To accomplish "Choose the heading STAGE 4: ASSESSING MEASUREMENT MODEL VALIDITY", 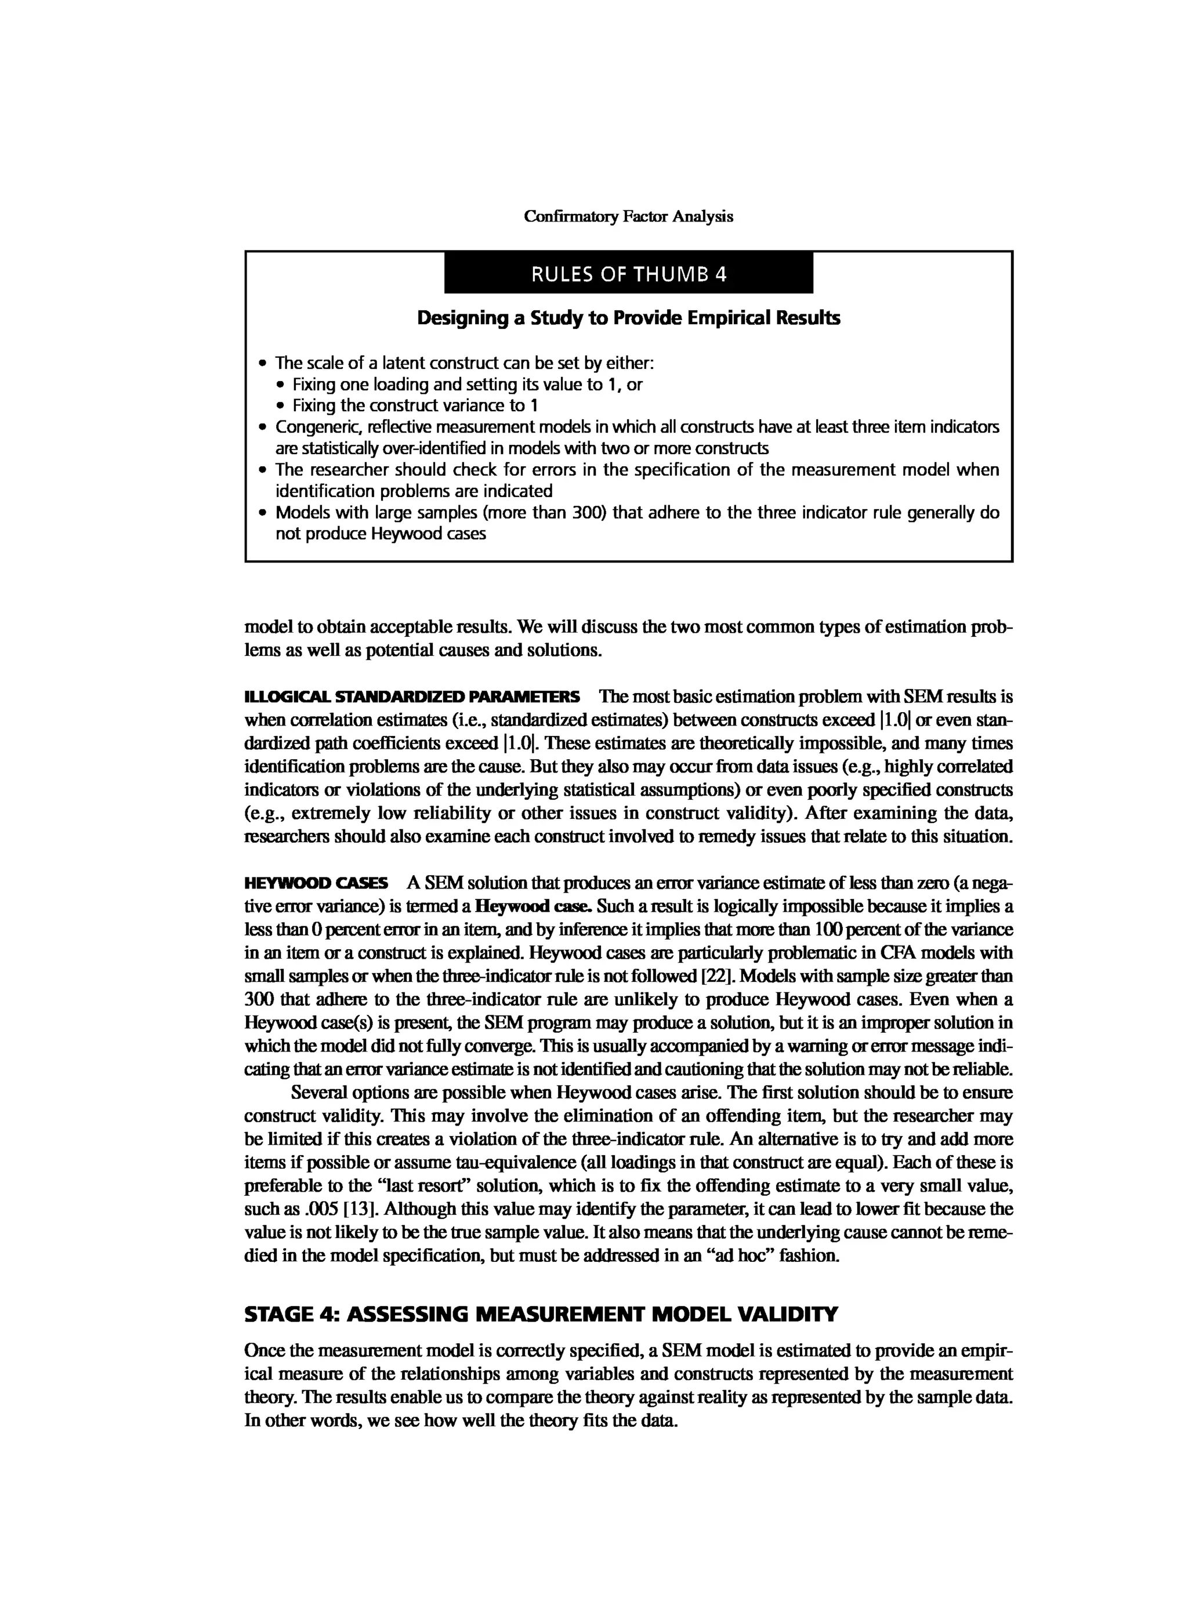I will click(x=541, y=1314).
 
